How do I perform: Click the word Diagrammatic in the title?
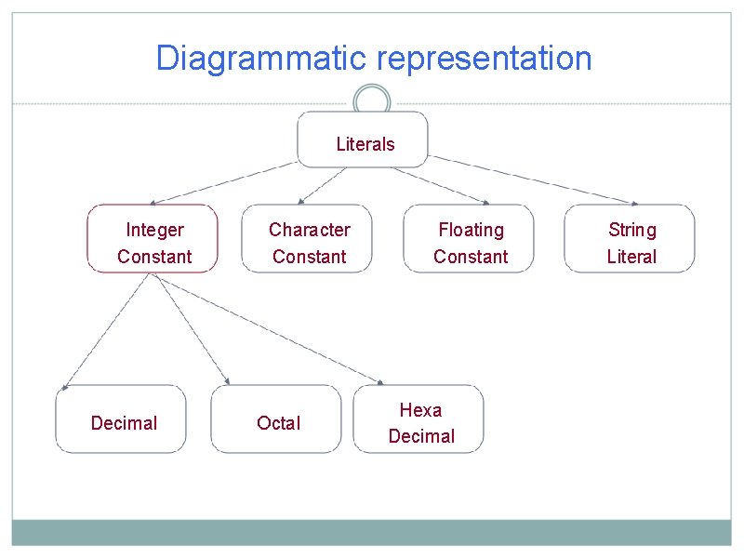[x=263, y=58]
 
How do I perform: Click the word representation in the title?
[x=485, y=58]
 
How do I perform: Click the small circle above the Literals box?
[x=372, y=100]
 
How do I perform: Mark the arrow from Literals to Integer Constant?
[x=223, y=183]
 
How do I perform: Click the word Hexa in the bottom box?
[x=420, y=410]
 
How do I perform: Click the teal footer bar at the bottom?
[x=372, y=532]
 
